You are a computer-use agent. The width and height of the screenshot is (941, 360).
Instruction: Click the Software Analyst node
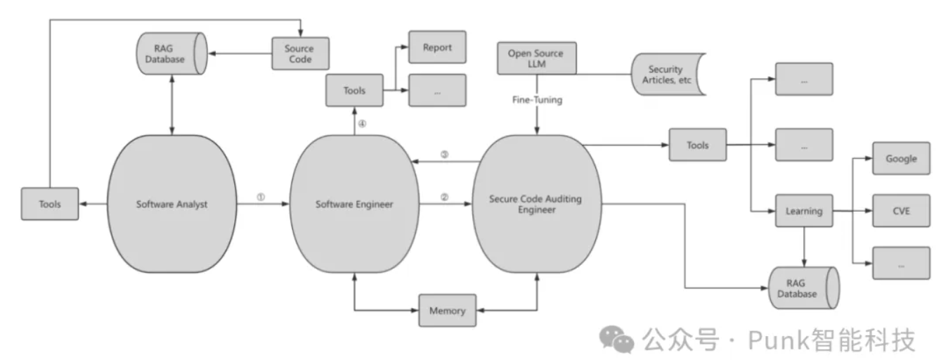(171, 205)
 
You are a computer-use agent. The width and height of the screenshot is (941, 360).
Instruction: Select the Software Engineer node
(354, 205)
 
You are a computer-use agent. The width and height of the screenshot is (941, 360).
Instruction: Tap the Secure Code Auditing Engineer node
(536, 205)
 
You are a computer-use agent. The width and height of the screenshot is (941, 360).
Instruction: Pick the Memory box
(447, 310)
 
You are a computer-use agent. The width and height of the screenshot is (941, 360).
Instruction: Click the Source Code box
(299, 53)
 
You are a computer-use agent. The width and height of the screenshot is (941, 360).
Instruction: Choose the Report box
(437, 47)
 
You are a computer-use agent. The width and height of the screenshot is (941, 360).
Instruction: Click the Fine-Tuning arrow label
(537, 101)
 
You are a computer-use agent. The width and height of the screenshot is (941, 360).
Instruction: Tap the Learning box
(804, 211)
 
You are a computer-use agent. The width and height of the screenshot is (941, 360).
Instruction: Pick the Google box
(901, 158)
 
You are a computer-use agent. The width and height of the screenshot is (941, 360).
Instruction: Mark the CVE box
(901, 210)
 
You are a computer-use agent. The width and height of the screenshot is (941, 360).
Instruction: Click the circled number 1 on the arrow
(261, 198)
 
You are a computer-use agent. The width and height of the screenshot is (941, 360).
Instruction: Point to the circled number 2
(444, 198)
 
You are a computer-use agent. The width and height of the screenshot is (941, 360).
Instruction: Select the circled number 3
(444, 155)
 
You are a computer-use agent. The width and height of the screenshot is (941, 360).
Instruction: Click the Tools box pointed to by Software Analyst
(50, 205)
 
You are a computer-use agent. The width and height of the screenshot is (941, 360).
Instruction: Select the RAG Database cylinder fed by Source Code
(171, 54)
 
